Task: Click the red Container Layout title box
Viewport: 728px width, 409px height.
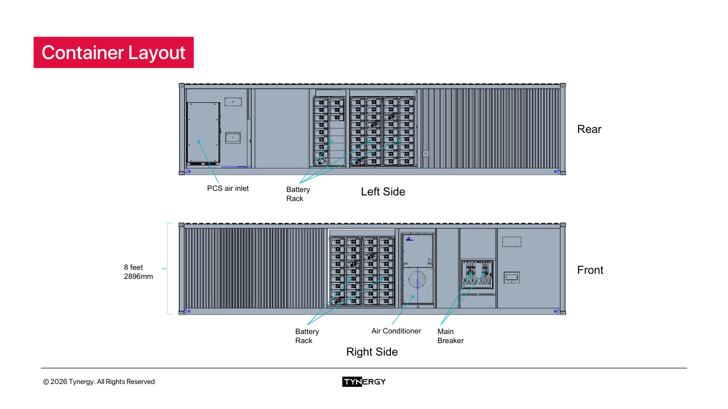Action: (114, 52)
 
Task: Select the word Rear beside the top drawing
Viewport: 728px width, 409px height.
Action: (589, 130)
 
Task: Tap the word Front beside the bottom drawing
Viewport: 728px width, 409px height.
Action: (590, 270)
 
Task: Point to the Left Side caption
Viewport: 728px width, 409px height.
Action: (383, 192)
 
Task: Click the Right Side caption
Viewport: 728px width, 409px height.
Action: (371, 352)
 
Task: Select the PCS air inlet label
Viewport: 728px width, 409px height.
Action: (227, 189)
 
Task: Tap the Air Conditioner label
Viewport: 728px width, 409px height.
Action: (396, 331)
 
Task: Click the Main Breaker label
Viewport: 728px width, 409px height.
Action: (450, 336)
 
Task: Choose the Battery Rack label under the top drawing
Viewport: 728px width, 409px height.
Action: (298, 194)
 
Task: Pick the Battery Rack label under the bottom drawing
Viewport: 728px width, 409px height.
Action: (307, 336)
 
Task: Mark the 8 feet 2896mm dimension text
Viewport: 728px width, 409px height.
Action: (138, 272)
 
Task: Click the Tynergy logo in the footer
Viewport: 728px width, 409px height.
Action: (364, 382)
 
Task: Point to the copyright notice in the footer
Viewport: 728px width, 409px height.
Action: (99, 382)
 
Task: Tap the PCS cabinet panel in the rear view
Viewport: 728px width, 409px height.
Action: (204, 133)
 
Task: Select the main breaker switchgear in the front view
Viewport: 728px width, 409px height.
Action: (477, 275)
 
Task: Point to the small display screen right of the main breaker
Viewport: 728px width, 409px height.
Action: (511, 278)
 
